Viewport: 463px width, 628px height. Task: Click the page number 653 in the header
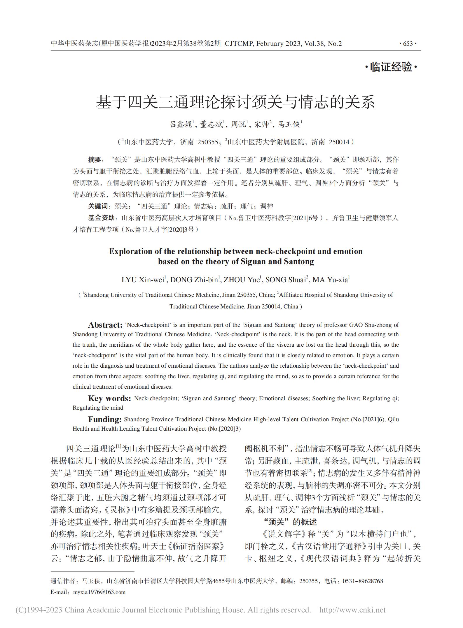[408, 44]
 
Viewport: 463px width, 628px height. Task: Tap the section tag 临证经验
[391, 67]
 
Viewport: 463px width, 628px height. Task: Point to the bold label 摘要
[95, 160]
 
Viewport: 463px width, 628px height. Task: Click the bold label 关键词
[98, 206]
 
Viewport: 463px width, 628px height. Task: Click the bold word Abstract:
[105, 325]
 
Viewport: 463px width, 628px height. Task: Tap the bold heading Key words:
[109, 399]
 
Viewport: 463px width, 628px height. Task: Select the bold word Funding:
[105, 420]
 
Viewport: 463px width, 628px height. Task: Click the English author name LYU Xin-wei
[143, 280]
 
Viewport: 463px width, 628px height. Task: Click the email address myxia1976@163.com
[99, 592]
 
